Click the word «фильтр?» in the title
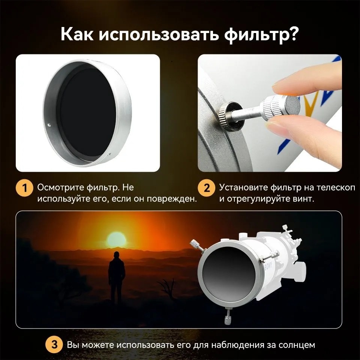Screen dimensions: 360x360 click(x=261, y=34)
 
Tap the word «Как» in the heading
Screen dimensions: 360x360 click(x=77, y=34)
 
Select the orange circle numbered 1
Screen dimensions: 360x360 click(x=25, y=188)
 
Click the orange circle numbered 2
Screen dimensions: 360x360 click(x=206, y=188)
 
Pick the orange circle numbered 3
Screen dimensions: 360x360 click(x=54, y=345)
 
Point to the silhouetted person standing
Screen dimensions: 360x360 click(x=117, y=277)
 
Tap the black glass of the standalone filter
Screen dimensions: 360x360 click(x=88, y=112)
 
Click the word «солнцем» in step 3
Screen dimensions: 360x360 click(x=297, y=345)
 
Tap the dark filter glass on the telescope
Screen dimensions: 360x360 click(x=229, y=274)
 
